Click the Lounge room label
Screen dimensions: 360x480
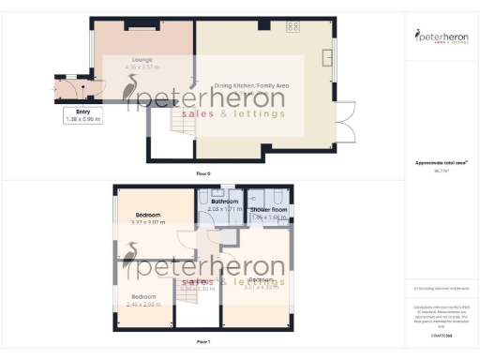click(x=142, y=59)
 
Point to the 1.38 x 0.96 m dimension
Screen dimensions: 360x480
click(x=83, y=119)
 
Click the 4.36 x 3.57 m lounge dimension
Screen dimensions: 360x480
click(x=142, y=67)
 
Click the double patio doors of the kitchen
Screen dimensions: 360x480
click(x=346, y=123)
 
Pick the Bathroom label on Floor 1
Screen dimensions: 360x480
click(x=224, y=202)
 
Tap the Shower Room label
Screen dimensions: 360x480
click(x=270, y=210)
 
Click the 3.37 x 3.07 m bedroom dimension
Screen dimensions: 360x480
click(x=148, y=223)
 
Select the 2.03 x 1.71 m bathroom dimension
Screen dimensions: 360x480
click(x=224, y=209)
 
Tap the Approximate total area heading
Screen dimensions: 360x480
click(x=440, y=163)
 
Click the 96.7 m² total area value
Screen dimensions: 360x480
click(x=440, y=172)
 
